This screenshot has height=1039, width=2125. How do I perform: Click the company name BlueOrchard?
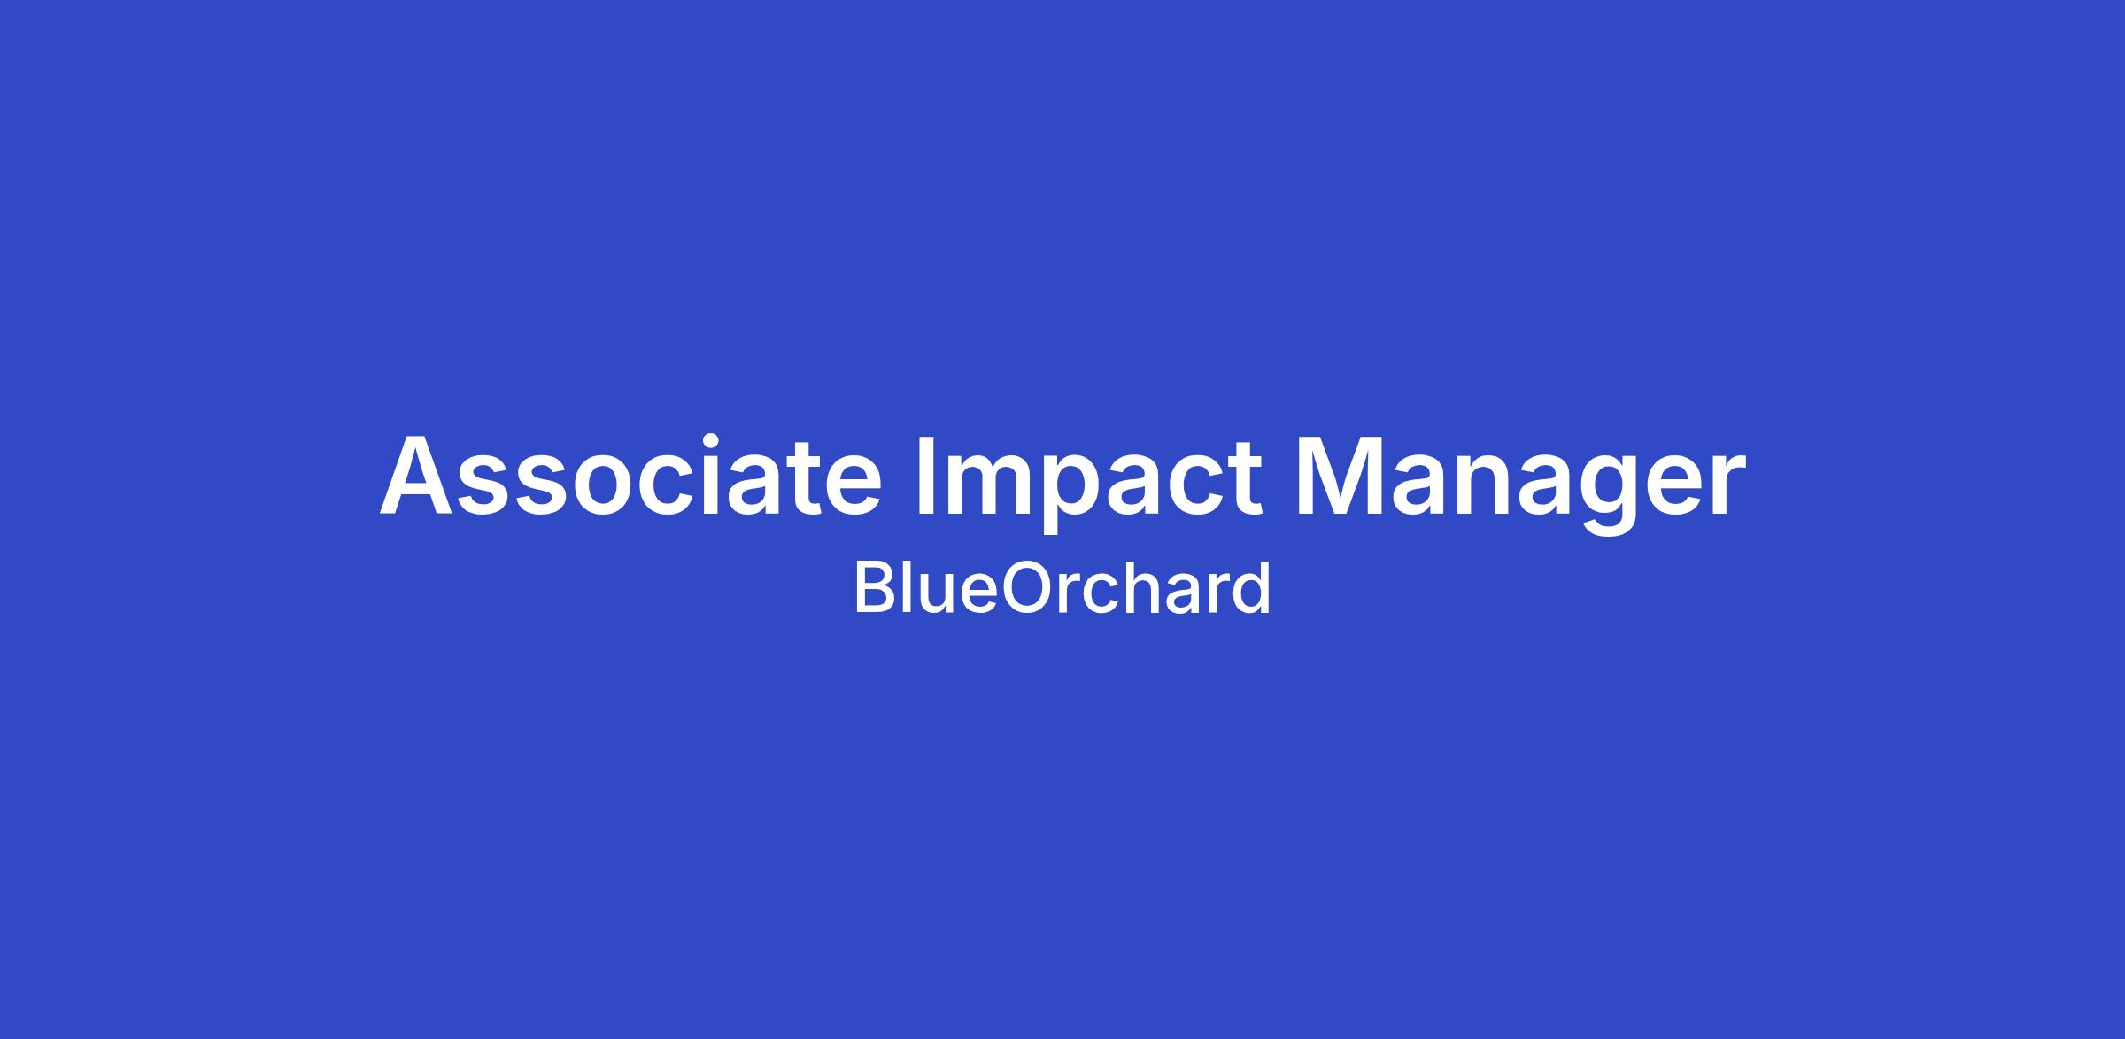pos(1062,587)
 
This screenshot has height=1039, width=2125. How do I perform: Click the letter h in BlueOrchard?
pos(1161,587)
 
